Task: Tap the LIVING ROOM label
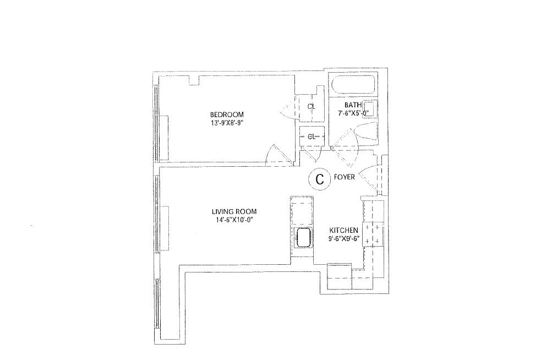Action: (234, 211)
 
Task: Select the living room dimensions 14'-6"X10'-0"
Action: (234, 220)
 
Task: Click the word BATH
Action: (352, 105)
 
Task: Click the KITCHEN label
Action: (344, 230)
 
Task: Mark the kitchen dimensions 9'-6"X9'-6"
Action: (344, 238)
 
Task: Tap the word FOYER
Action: (344, 177)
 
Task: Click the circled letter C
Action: (319, 178)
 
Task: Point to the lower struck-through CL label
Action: (312, 136)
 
